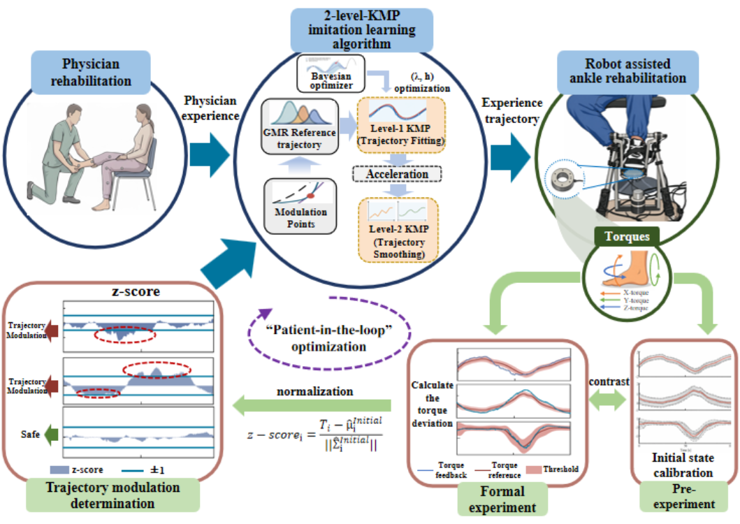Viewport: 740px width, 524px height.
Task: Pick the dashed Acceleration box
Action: point(397,173)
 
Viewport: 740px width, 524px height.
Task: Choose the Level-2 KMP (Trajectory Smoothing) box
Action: point(398,230)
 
